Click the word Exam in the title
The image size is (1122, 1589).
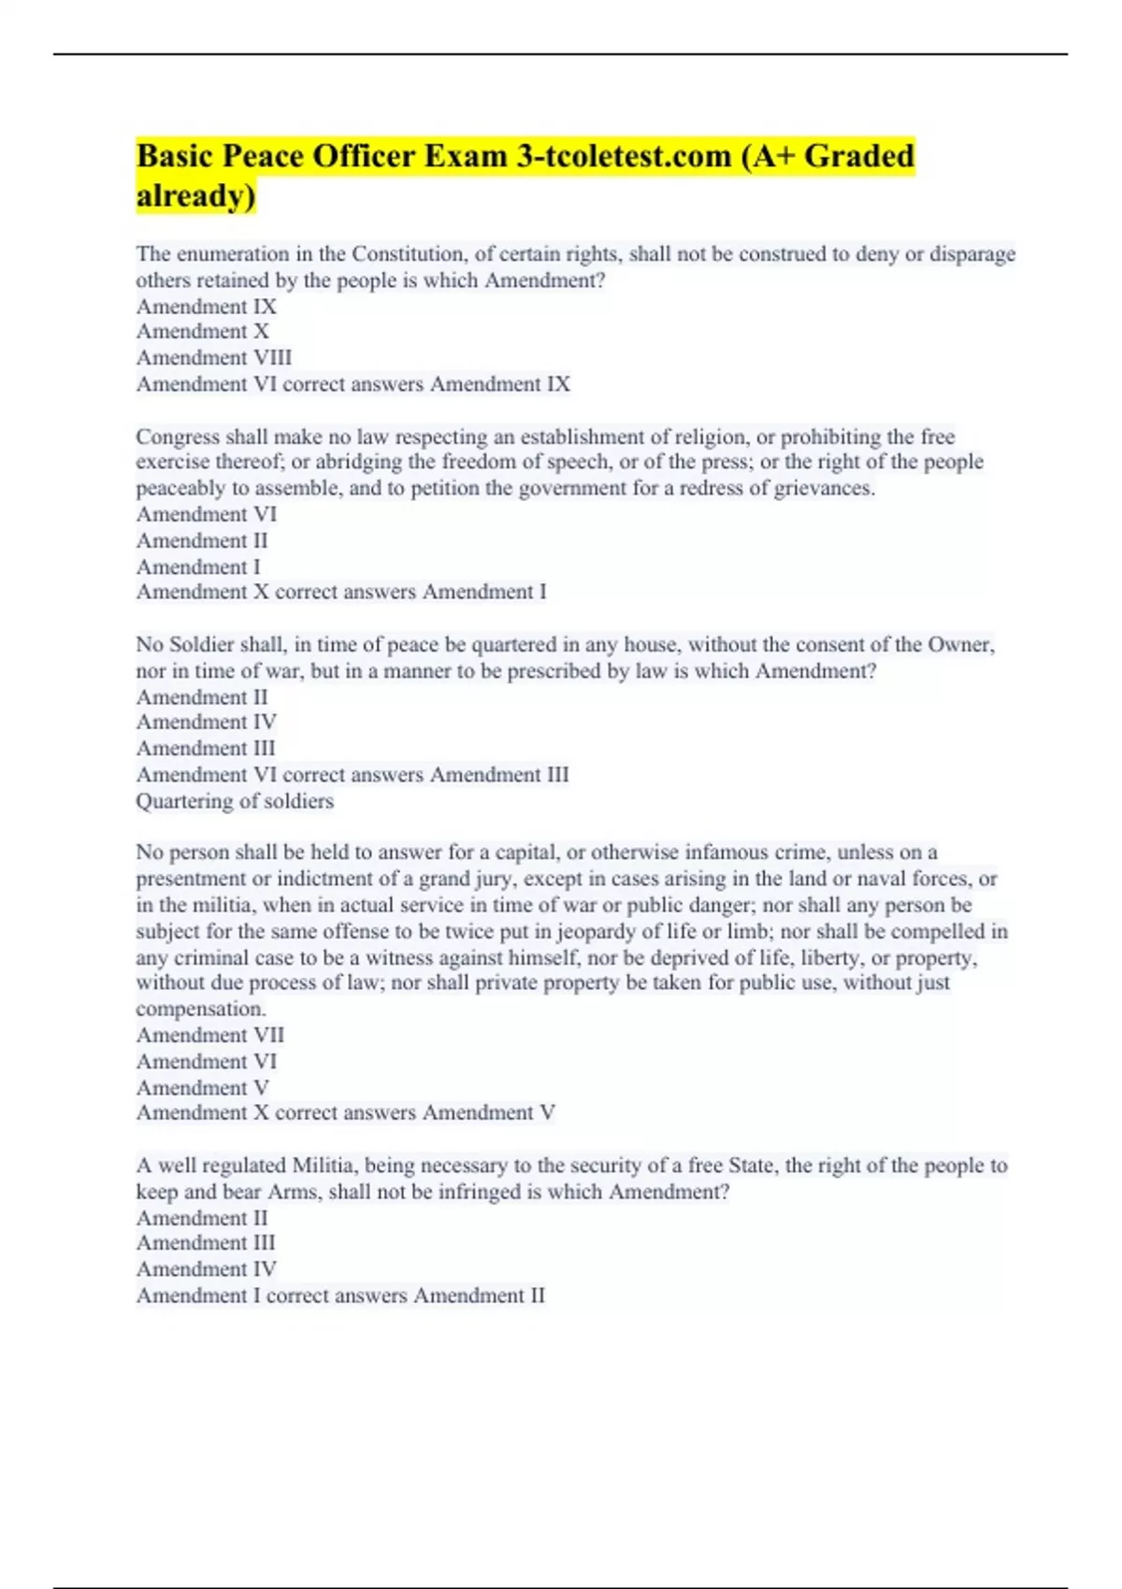pyautogui.click(x=466, y=156)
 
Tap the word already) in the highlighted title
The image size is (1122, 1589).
pyautogui.click(x=195, y=196)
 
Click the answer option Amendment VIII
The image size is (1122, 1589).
pyautogui.click(x=214, y=358)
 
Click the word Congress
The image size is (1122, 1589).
pyautogui.click(x=178, y=437)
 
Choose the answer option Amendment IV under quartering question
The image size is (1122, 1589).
pyautogui.click(x=207, y=723)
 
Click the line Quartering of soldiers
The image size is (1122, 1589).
pyautogui.click(x=235, y=801)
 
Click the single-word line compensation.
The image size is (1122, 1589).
pyautogui.click(x=201, y=1009)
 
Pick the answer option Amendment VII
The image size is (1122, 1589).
pyautogui.click(x=210, y=1036)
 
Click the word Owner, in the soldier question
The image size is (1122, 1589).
pyautogui.click(x=961, y=645)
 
